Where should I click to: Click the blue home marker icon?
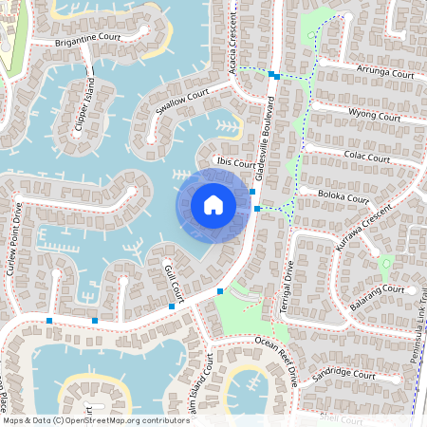point(213,205)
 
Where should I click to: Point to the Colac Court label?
point(365,156)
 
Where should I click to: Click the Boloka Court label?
point(343,198)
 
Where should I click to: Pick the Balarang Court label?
point(379,289)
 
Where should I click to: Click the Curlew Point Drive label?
point(15,237)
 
